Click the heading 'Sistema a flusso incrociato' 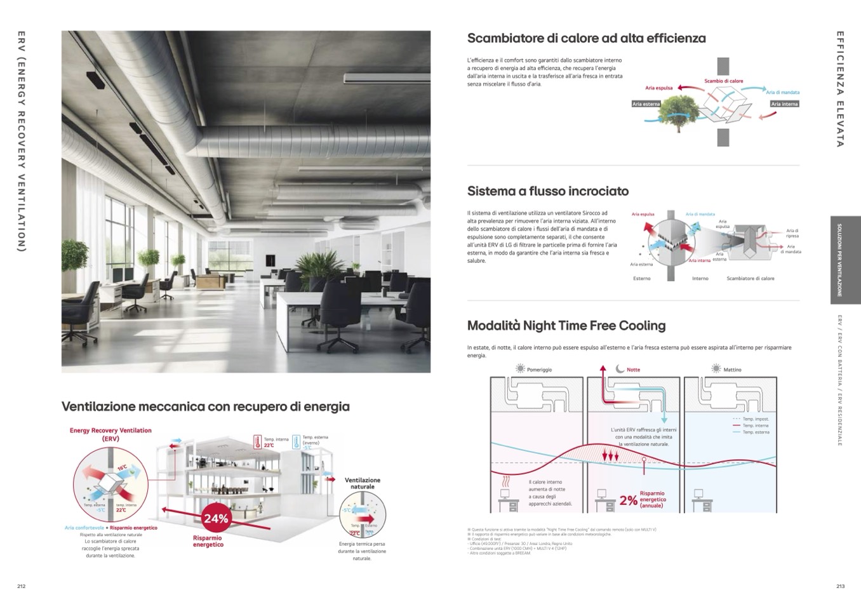pyautogui.click(x=547, y=191)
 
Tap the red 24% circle pyautogui.click(x=216, y=519)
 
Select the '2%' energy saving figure pyautogui.click(x=628, y=500)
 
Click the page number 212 pyautogui.click(x=21, y=586)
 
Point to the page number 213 pyautogui.click(x=841, y=586)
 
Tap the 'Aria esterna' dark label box pyautogui.click(x=646, y=104)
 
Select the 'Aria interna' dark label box pyautogui.click(x=784, y=104)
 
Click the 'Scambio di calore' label pyautogui.click(x=723, y=81)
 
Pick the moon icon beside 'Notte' pyautogui.click(x=620, y=369)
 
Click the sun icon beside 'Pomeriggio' pyautogui.click(x=520, y=369)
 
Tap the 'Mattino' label pyautogui.click(x=732, y=370)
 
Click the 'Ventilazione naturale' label pyautogui.click(x=362, y=483)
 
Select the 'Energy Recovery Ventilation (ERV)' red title pyautogui.click(x=110, y=434)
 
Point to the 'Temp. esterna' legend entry pyautogui.click(x=756, y=432)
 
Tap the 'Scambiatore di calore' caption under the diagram pyautogui.click(x=750, y=278)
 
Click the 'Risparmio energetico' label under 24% pyautogui.click(x=208, y=541)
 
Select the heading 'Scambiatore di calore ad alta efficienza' pyautogui.click(x=586, y=38)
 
